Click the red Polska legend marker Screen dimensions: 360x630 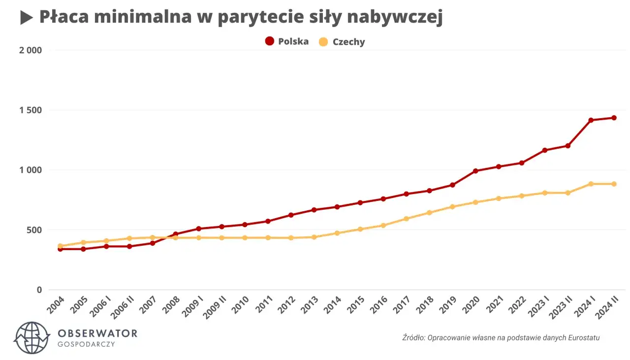269,41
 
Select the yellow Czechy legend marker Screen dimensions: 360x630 323,42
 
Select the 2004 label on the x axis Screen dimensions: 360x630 56,305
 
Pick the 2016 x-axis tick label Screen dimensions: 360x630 378,305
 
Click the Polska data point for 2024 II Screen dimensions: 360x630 614,118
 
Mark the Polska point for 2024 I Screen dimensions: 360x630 591,120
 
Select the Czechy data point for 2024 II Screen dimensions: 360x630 614,184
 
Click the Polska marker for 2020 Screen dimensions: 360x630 475,171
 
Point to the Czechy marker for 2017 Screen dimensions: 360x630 406,219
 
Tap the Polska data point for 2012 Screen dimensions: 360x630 291,215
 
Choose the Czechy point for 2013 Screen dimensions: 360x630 314,237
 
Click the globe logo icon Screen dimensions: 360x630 32,337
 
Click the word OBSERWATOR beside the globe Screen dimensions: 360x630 97,333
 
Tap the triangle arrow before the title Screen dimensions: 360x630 26,18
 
